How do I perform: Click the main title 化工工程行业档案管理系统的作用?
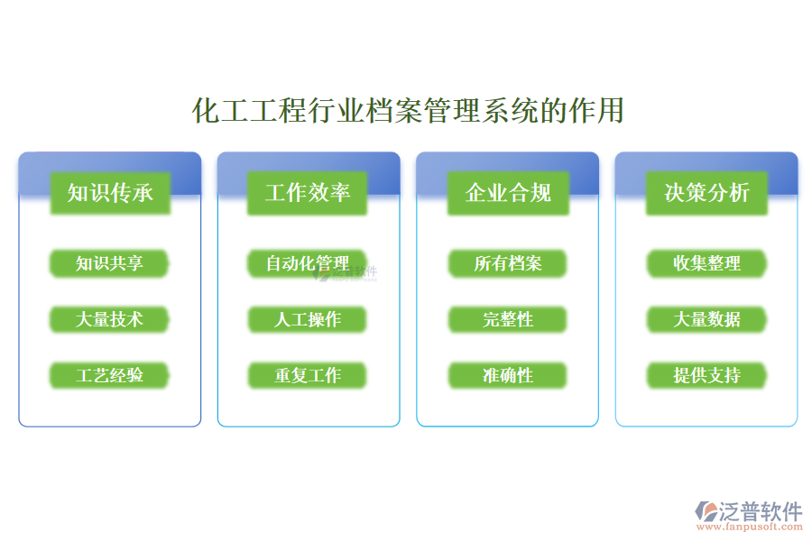click(x=408, y=111)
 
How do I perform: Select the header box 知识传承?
click(x=110, y=192)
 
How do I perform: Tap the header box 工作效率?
click(x=308, y=192)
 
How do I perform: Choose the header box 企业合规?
click(x=508, y=192)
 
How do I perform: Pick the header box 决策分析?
click(x=706, y=192)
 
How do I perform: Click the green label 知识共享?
click(x=109, y=263)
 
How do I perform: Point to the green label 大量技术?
click(x=109, y=319)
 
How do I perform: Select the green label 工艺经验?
click(x=109, y=375)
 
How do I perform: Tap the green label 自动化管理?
click(x=308, y=263)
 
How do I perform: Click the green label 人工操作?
click(x=308, y=319)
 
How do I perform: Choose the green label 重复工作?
click(x=308, y=375)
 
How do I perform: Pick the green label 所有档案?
click(x=508, y=263)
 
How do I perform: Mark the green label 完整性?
click(x=508, y=319)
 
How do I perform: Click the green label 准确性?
click(x=508, y=375)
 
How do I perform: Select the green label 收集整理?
click(x=706, y=263)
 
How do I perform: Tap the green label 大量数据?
click(x=706, y=319)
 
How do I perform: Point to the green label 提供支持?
click(x=706, y=375)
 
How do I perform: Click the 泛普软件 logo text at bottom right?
click(x=760, y=511)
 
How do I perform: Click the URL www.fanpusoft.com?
click(x=749, y=529)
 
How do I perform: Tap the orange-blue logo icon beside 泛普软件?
click(x=705, y=512)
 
